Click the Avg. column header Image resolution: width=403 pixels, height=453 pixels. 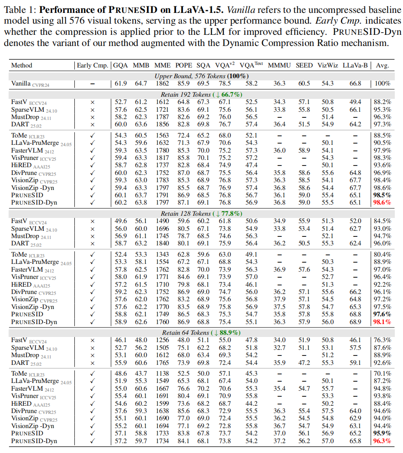382,65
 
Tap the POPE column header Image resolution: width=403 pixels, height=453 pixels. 184,65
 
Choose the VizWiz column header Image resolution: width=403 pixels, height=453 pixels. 328,65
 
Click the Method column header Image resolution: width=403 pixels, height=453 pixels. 22,65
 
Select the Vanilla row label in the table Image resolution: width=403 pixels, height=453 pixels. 21,83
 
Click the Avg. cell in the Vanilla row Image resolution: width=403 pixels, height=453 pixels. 382,83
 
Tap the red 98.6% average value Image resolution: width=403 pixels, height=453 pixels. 382,202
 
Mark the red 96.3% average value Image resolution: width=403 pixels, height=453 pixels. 382,441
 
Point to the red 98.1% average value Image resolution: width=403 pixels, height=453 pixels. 382,321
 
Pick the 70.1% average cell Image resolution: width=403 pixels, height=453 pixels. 382,373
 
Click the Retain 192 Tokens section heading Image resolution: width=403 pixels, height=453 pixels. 201,94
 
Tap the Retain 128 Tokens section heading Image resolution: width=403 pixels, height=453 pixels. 201,214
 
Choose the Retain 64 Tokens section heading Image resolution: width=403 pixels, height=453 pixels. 201,333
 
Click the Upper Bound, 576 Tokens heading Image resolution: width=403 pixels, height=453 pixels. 201,76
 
